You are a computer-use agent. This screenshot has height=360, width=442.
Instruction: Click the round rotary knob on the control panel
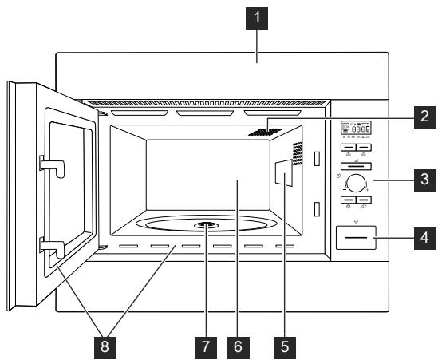[x=355, y=182]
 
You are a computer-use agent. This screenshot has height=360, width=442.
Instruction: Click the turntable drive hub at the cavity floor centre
[x=206, y=225]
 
